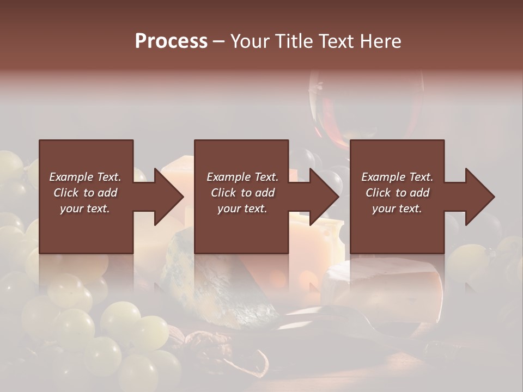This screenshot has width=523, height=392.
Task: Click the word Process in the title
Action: [x=171, y=41]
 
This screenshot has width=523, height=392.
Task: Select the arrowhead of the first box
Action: [x=166, y=197]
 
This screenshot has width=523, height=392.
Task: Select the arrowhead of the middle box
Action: [x=322, y=197]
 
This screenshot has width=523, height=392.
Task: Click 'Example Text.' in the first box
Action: [x=85, y=177]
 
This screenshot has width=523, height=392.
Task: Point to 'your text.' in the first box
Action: [x=85, y=209]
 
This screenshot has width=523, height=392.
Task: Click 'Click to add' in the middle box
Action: [x=242, y=193]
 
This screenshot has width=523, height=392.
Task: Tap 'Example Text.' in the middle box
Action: [x=242, y=177]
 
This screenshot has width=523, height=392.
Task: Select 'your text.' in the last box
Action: [x=397, y=209]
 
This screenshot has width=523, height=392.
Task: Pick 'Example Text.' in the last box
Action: [x=397, y=177]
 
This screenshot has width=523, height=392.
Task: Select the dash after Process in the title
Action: [x=218, y=42]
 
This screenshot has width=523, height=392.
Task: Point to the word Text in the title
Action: [x=337, y=41]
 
